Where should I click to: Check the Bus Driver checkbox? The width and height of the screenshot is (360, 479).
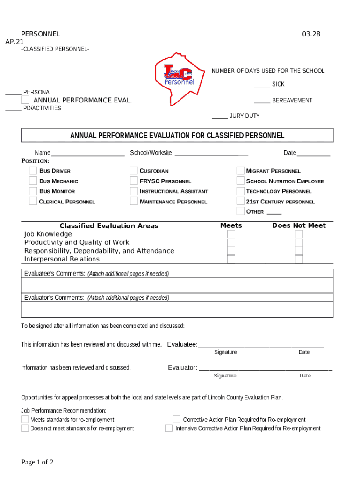point(33,171)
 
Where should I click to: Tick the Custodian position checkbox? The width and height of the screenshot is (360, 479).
point(134,171)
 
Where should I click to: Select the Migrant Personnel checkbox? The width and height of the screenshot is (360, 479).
point(240,171)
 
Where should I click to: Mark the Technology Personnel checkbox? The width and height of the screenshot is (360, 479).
point(240,191)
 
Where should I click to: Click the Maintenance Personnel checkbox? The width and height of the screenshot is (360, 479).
point(134,201)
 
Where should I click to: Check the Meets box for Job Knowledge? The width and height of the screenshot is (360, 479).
point(231,234)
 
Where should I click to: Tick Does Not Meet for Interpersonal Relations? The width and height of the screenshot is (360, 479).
point(299,259)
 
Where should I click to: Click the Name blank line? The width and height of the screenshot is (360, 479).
point(87,153)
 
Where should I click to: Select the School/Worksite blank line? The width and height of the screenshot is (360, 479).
point(211,153)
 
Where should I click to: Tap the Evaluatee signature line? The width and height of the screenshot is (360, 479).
point(260,346)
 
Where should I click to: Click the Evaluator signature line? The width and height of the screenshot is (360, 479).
point(265,369)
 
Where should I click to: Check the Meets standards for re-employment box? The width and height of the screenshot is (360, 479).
point(25,419)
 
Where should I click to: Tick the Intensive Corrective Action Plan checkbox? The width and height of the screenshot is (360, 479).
point(169,428)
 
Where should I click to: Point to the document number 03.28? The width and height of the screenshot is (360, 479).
point(311,34)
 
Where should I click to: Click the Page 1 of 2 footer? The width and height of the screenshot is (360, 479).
point(37,462)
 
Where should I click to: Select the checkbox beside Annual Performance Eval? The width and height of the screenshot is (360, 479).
point(25,100)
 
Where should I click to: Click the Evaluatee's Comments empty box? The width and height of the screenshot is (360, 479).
point(177,285)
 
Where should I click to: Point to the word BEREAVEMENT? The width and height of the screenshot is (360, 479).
point(292,101)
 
